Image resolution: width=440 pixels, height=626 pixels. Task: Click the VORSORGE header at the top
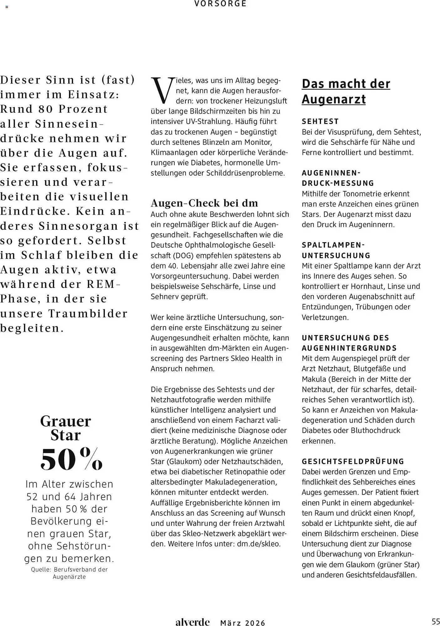click(x=220, y=4)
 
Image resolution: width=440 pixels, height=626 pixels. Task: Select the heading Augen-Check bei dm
click(x=204, y=203)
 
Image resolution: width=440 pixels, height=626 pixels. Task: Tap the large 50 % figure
click(x=71, y=459)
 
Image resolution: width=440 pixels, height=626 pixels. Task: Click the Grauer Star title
click(x=65, y=428)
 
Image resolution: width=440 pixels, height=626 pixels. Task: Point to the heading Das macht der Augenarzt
click(x=346, y=91)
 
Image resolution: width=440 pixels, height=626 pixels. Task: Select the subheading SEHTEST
click(x=320, y=121)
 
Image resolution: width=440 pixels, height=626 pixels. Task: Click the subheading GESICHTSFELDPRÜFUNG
click(x=353, y=461)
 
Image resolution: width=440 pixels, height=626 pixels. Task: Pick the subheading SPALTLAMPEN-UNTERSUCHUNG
click(x=336, y=250)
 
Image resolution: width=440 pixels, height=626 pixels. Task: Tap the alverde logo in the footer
click(x=192, y=622)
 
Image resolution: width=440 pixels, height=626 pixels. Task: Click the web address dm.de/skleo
click(x=258, y=544)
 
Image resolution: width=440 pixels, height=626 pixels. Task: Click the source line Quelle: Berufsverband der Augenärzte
click(x=69, y=573)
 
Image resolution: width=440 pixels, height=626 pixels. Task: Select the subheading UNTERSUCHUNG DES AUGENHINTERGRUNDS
click(x=349, y=343)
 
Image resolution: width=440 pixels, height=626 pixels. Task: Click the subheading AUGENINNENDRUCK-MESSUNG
click(x=338, y=178)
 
